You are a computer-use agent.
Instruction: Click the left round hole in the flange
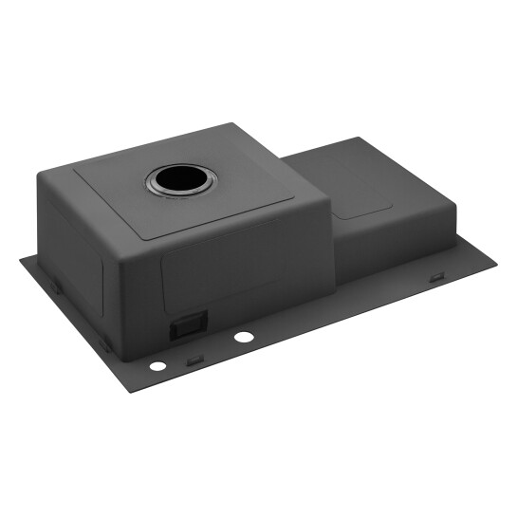pos(156,366)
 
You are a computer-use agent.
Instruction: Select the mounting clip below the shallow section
pos(436,277)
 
